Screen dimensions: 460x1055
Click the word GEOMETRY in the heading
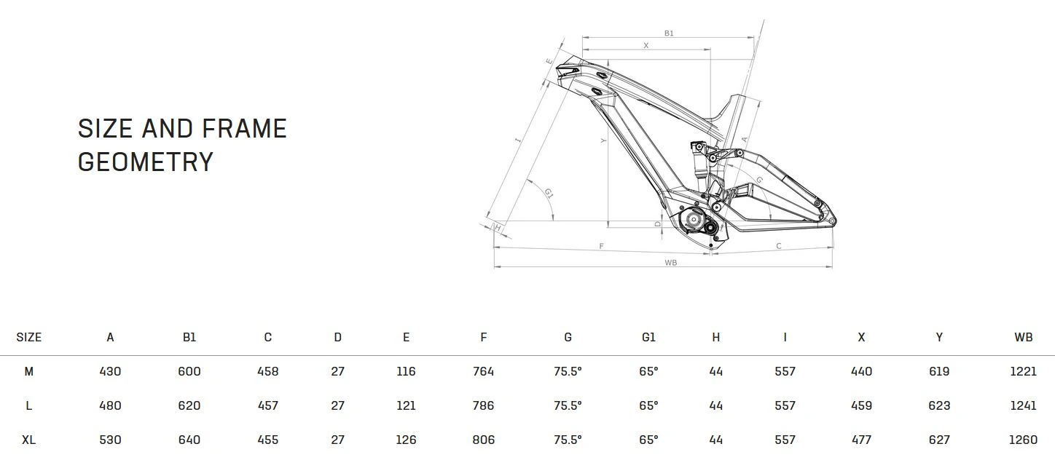pos(145,162)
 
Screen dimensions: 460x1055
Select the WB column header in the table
pos(1023,337)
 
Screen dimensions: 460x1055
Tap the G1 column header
pos(648,337)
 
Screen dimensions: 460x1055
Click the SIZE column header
pos(29,337)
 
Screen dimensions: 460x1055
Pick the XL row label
pos(29,440)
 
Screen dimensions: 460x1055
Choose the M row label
pos(29,371)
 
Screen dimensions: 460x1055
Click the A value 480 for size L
pos(110,405)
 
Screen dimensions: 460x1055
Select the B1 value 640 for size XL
pos(189,440)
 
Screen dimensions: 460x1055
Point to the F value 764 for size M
pos(483,371)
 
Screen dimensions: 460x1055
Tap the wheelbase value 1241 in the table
pos(1023,405)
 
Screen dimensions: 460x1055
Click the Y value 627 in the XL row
pos(939,440)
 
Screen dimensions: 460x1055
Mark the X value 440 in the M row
pos(861,371)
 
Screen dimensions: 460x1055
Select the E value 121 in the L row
pos(406,405)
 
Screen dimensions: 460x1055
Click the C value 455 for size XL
pos(268,440)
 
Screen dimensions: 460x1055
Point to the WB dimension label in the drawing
pos(670,263)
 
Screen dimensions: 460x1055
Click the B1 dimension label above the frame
pos(669,33)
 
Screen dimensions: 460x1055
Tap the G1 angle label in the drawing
pos(549,193)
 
